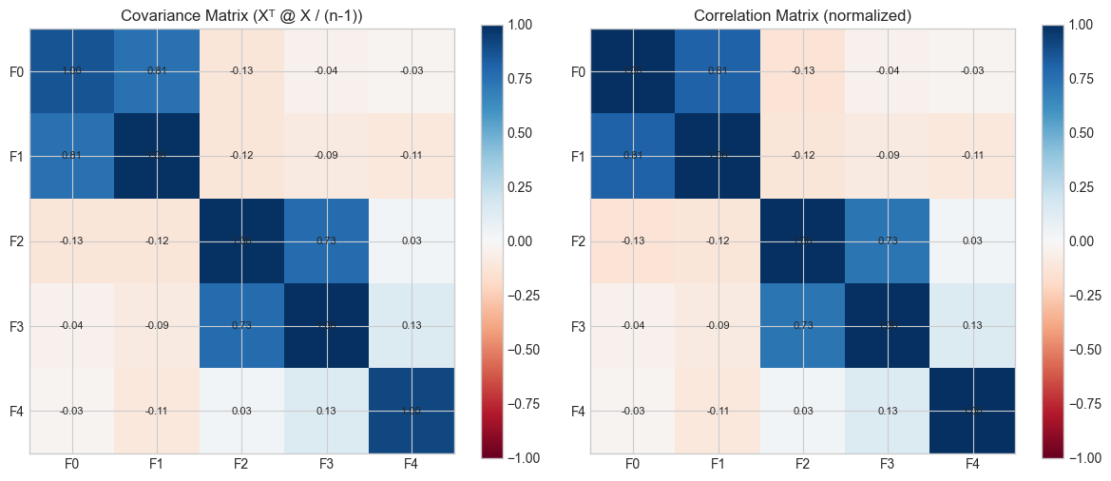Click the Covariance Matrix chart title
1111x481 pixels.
coord(241,15)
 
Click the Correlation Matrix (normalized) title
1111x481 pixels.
coord(802,15)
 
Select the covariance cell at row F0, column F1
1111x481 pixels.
coord(157,71)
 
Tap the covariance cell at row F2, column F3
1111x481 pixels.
coord(327,241)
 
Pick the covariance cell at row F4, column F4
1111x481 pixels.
coord(412,412)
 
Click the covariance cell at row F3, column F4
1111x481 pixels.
coord(412,326)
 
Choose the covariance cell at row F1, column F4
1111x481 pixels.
coord(412,156)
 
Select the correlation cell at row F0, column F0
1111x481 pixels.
coord(633,71)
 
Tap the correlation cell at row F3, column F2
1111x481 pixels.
coord(802,326)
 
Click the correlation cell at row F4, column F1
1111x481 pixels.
coord(718,412)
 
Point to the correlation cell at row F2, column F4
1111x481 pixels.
coord(972,241)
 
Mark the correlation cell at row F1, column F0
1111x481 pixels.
coord(633,156)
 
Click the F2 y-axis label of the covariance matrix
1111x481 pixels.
coord(16,241)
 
